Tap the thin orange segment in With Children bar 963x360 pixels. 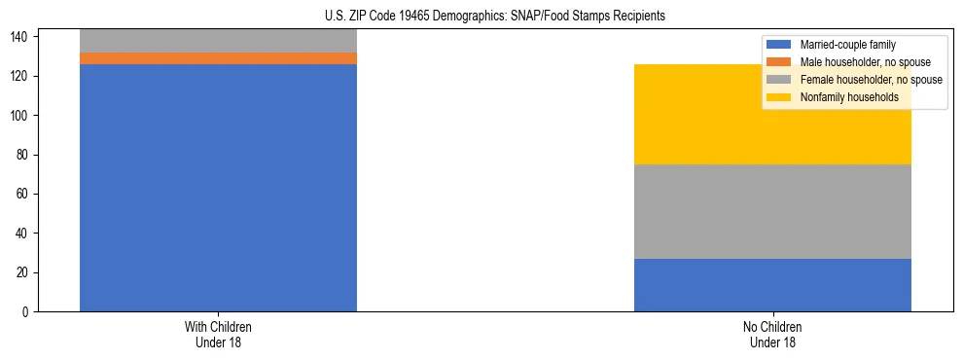[x=218, y=58]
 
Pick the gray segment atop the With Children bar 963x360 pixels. [x=218, y=41]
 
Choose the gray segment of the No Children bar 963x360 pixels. [x=772, y=211]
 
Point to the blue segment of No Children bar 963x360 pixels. [x=772, y=285]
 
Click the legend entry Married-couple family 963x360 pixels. [x=847, y=45]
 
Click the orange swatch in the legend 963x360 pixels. [x=779, y=62]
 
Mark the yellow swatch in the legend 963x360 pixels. [x=779, y=97]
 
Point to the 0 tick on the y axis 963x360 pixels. [x=26, y=312]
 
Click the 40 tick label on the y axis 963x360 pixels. [x=23, y=234]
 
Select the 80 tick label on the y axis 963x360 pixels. [x=23, y=155]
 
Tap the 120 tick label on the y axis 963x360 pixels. [x=20, y=76]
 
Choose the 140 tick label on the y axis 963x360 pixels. [x=20, y=37]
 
